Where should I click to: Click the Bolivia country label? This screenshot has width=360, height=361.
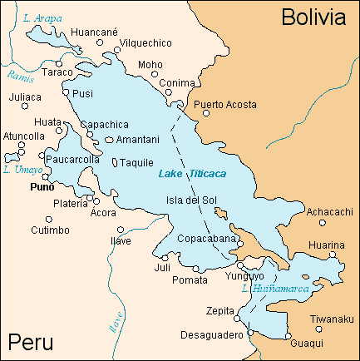pyautogui.click(x=312, y=17)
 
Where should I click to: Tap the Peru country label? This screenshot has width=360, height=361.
pyautogui.click(x=30, y=342)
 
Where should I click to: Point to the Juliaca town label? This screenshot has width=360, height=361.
pyautogui.click(x=24, y=96)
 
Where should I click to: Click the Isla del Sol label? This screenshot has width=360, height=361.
pyautogui.click(x=191, y=200)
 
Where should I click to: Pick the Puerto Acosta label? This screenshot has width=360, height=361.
pyautogui.click(x=224, y=105)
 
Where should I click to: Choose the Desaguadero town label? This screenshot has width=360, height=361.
pyautogui.click(x=211, y=334)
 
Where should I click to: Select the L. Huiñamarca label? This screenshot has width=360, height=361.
pyautogui.click(x=274, y=289)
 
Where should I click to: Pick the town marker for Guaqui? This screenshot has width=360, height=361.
pyautogui.click(x=289, y=339)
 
